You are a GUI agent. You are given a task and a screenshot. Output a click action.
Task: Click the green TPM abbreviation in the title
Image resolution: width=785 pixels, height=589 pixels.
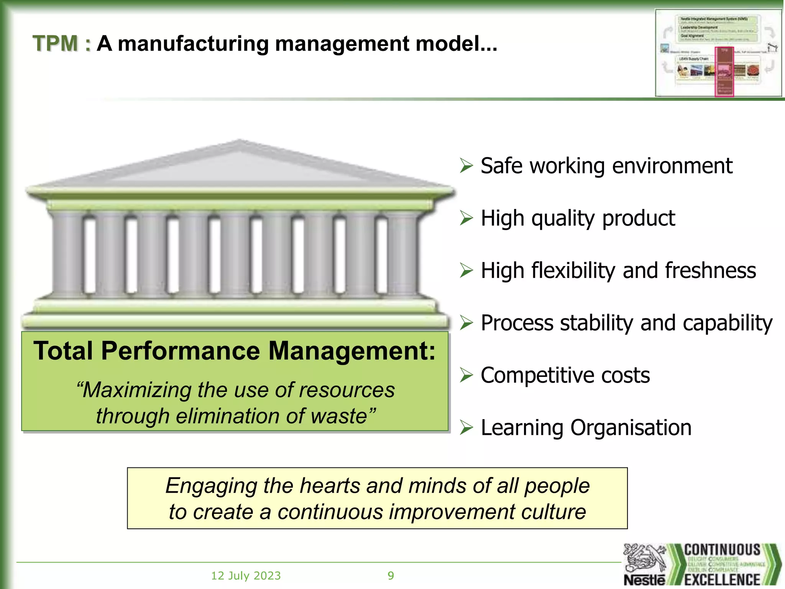tap(56, 43)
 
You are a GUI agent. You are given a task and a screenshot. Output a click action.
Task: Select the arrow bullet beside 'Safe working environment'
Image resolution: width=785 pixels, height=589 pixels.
tap(466, 166)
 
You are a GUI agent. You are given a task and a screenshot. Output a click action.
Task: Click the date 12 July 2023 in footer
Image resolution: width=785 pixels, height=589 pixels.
tap(246, 576)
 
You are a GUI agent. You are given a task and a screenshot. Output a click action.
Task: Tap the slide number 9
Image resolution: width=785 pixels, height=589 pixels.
tap(391, 576)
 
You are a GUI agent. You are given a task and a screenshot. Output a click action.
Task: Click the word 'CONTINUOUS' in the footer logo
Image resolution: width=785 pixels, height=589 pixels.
tap(722, 550)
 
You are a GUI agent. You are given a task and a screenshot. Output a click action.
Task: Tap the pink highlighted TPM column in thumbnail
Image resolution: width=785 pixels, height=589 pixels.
tap(724, 72)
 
